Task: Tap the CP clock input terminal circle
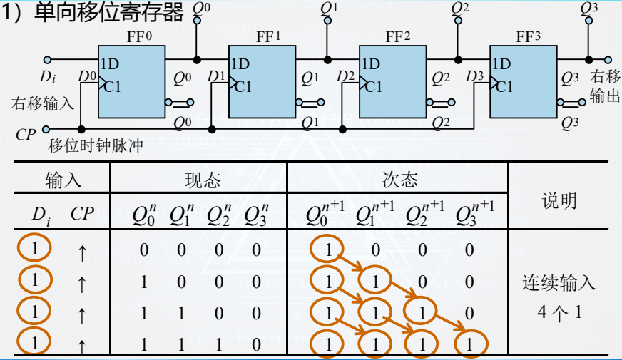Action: coord(46,129)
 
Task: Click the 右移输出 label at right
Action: coord(605,86)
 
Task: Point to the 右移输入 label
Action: coord(43,103)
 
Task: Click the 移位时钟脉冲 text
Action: coord(96,145)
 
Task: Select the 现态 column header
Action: coord(198,179)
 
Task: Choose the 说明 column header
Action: coord(560,200)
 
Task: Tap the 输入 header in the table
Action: coord(63,179)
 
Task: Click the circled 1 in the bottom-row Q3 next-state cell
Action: coord(469,344)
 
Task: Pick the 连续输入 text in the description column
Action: coord(559,283)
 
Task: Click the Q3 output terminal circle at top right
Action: coord(588,20)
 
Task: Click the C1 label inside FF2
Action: coord(373,86)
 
